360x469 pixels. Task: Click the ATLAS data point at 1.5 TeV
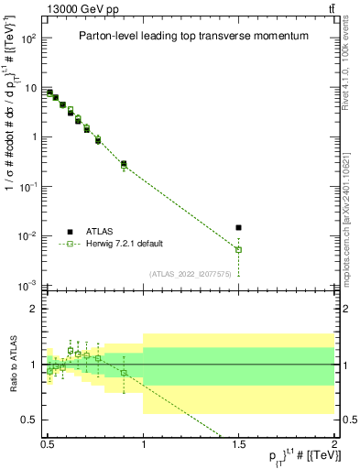(239, 227)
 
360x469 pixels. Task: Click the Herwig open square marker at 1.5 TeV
(239, 249)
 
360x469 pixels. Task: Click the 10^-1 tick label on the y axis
(28, 187)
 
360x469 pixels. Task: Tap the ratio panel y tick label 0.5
(30, 420)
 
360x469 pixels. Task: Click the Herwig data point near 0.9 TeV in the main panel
(124, 165)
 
